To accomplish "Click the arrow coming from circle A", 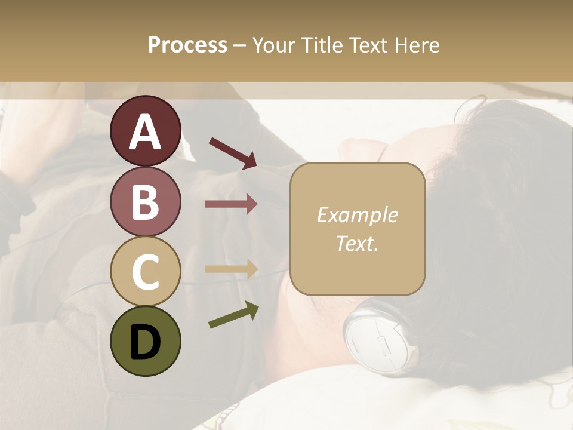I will (x=233, y=152).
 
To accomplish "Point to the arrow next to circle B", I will (x=231, y=204).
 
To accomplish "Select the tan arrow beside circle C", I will (x=231, y=269).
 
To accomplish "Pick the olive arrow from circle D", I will (x=233, y=315).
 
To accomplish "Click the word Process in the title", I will (x=187, y=45).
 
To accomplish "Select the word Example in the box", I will (x=357, y=215).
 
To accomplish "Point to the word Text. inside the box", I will (x=357, y=243).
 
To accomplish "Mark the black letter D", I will (x=145, y=342).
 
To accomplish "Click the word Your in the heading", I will (x=275, y=45).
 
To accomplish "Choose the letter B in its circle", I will (x=145, y=201).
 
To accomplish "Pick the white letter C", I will (x=145, y=272).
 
